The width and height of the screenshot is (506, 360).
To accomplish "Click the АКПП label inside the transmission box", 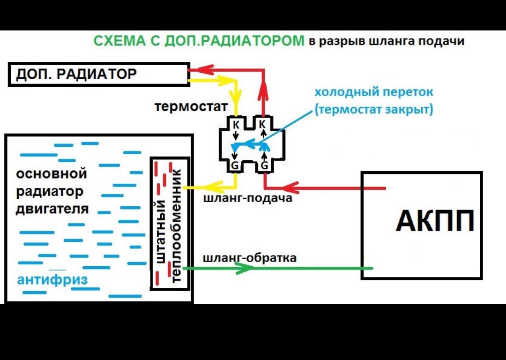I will pyautogui.click(x=435, y=221).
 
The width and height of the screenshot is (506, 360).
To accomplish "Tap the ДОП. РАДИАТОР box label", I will pyautogui.click(x=76, y=74).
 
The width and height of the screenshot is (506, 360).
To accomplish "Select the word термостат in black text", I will pyautogui.click(x=191, y=107).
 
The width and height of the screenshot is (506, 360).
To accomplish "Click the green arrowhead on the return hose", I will pyautogui.click(x=244, y=268).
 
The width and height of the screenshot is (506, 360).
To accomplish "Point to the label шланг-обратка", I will pyautogui.click(x=250, y=257).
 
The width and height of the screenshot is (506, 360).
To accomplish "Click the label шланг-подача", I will pyautogui.click(x=248, y=198).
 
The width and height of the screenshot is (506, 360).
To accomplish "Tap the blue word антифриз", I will pyautogui.click(x=52, y=280).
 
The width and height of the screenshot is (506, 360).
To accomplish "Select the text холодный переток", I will pyautogui.click(x=373, y=91).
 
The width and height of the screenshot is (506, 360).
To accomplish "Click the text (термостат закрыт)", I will pyautogui.click(x=374, y=110).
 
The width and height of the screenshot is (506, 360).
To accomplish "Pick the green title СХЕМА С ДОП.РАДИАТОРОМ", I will pyautogui.click(x=199, y=41).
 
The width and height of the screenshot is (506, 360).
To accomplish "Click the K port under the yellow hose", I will pyautogui.click(x=236, y=124).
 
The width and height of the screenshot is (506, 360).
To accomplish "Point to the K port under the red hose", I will pyautogui.click(x=263, y=124).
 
